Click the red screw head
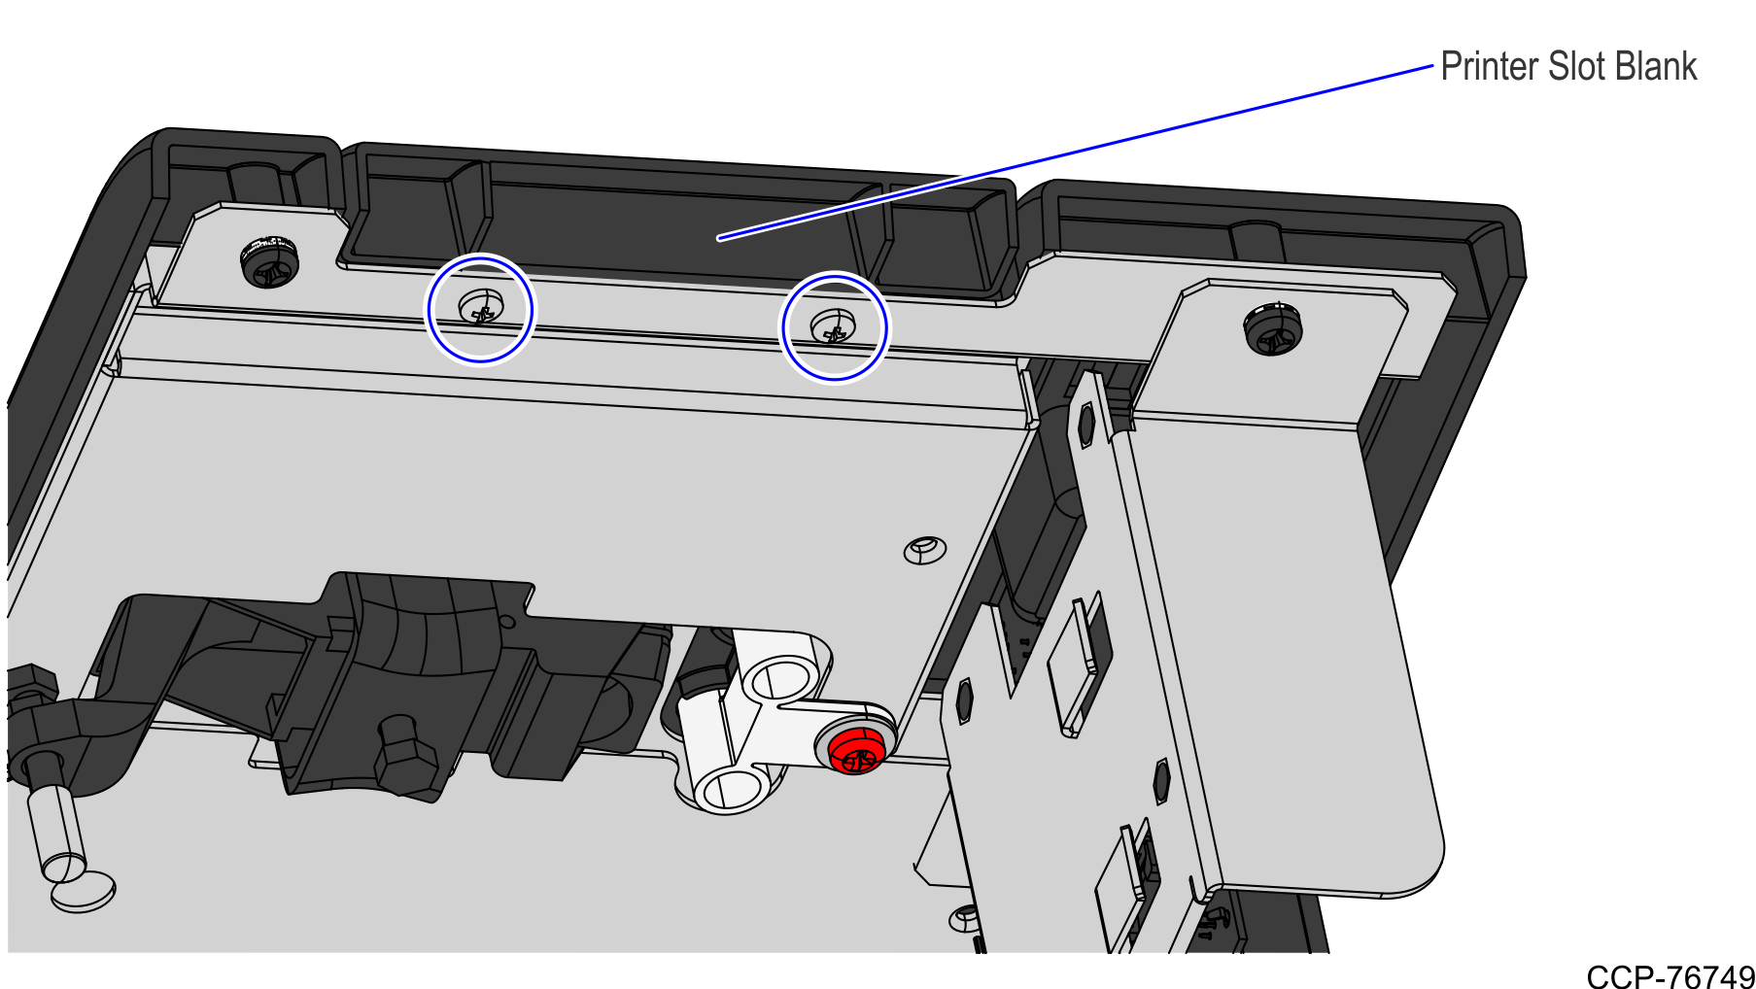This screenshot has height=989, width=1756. click(855, 751)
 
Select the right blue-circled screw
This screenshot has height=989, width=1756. click(834, 326)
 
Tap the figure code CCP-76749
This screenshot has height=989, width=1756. click(1670, 975)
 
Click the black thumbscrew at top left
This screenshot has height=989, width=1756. click(269, 261)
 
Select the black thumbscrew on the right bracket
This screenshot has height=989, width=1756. click(1273, 329)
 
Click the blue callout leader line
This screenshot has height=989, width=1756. click(1076, 152)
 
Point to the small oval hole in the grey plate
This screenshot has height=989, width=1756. click(924, 550)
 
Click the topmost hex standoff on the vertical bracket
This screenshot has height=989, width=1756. click(1086, 425)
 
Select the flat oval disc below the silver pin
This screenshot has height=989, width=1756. click(84, 891)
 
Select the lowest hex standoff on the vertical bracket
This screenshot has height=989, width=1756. click(1160, 782)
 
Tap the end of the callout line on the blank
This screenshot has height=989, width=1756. click(719, 238)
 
